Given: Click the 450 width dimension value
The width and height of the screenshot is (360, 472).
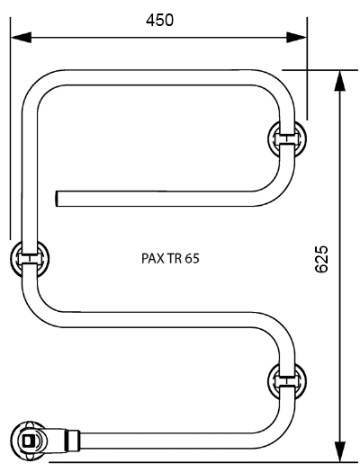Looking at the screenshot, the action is [x=159, y=20].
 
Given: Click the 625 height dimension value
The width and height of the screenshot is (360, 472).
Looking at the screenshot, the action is [x=321, y=259].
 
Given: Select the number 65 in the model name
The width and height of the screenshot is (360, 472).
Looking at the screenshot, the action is [x=193, y=259].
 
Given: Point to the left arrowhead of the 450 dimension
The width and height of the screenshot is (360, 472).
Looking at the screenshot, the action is [x=21, y=38].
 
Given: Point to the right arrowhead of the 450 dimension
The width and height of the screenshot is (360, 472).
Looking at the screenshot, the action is [x=296, y=38].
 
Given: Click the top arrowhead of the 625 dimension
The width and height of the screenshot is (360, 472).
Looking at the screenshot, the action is [x=340, y=80].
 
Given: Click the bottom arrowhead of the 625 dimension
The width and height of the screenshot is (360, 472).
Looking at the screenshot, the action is [x=340, y=451].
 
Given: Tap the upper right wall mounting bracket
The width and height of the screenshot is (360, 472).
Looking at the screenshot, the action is [x=287, y=138].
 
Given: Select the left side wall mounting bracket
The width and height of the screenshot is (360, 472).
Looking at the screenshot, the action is [x=30, y=259].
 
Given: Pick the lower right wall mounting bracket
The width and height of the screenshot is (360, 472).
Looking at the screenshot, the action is [x=287, y=381].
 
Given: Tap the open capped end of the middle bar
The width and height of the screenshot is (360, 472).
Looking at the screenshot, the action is [x=57, y=199].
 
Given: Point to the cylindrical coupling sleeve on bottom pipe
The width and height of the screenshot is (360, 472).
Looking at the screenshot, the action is [x=73, y=441].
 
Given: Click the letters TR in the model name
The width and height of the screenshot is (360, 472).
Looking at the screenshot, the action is [x=174, y=259].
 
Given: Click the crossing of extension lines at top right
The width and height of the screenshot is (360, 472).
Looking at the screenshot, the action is [x=307, y=70].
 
